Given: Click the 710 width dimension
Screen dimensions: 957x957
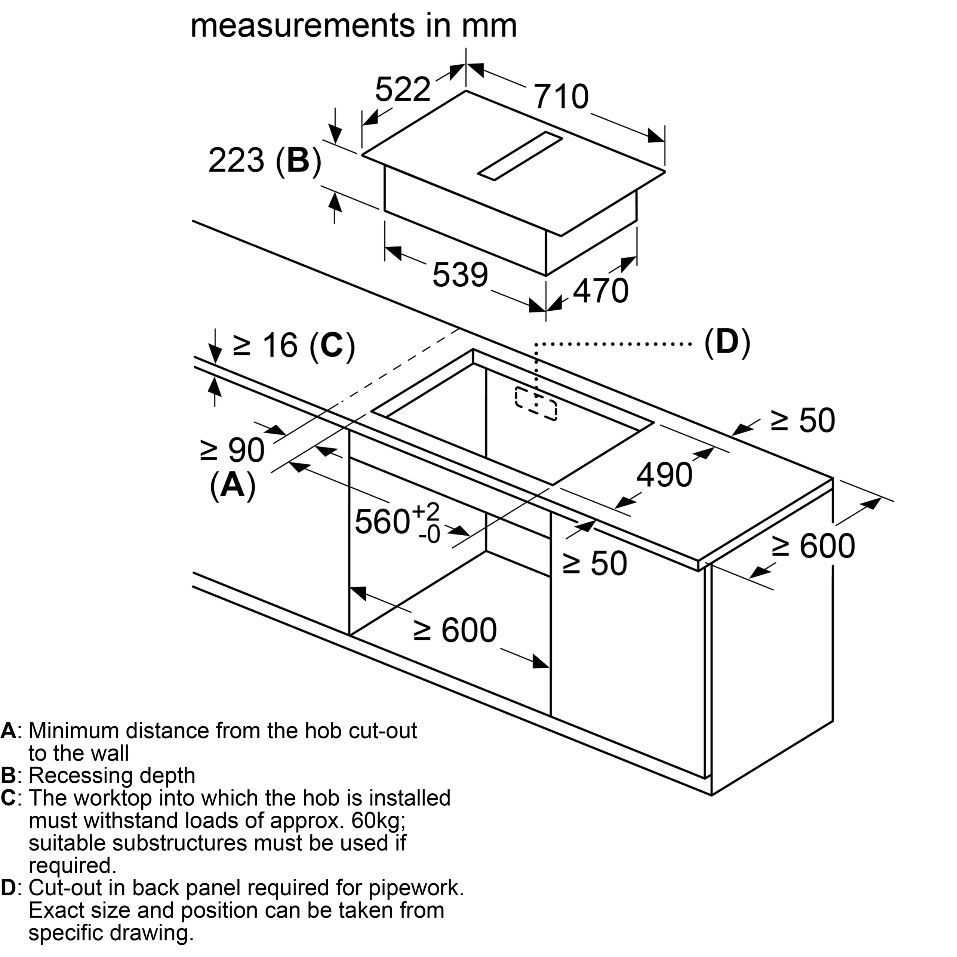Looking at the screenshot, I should tap(561, 97).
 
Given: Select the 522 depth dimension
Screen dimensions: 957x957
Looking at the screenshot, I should tap(402, 90).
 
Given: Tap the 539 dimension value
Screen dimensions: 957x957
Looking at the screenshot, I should tap(460, 276).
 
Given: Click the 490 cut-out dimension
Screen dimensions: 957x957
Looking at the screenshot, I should tap(664, 475).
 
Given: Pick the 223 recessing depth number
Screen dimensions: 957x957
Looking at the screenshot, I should tap(236, 161).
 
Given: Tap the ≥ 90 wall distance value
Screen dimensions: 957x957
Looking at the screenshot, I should tap(232, 450).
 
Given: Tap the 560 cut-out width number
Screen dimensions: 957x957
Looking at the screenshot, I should tap(382, 521).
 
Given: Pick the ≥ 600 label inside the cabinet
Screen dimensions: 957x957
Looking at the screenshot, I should tap(455, 631).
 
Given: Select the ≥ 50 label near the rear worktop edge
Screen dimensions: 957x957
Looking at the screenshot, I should tap(803, 421).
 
